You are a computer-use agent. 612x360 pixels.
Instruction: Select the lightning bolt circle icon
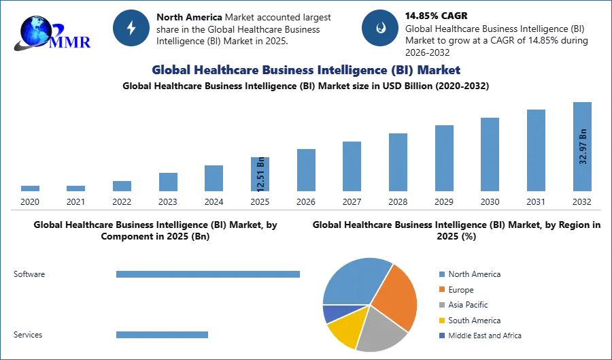131,28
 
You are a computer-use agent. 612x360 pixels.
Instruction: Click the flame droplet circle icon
380,28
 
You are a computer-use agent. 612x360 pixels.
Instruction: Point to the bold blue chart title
305,70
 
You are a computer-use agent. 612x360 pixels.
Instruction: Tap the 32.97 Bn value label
583,146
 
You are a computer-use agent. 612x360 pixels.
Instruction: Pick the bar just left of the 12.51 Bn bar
212,179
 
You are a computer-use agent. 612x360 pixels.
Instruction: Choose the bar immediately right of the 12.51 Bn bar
305,171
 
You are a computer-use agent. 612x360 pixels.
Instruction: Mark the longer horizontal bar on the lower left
209,273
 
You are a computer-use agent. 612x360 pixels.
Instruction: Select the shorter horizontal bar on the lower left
163,334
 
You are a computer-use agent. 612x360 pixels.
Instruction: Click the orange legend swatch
441,289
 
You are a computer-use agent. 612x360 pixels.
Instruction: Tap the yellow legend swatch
441,321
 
